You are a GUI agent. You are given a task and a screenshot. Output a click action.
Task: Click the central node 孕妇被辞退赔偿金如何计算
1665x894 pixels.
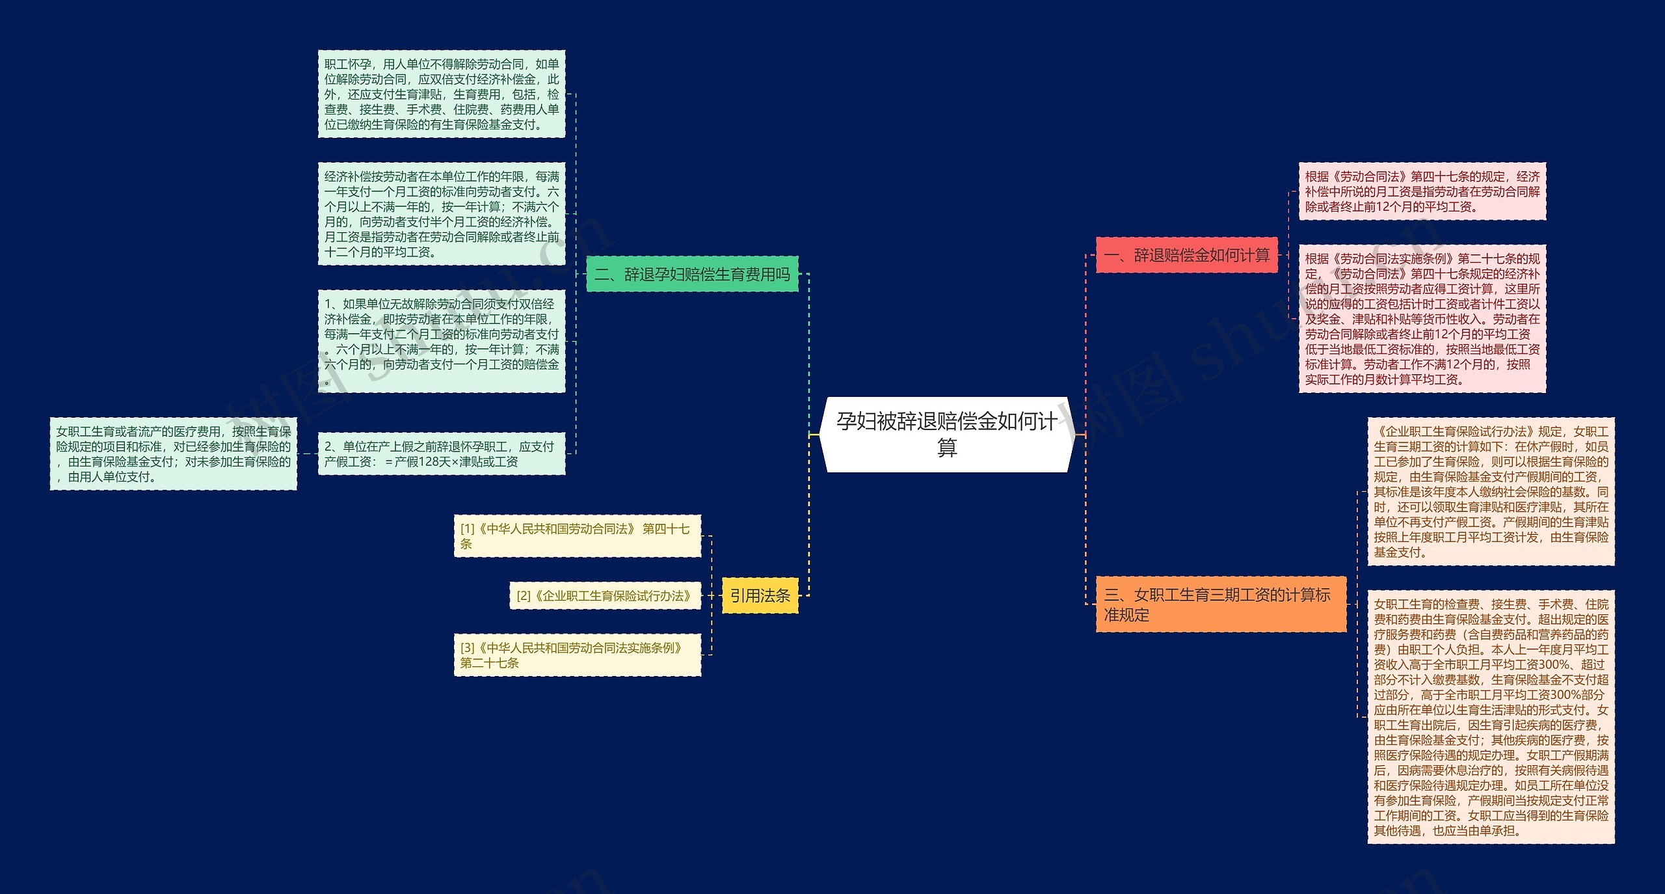tap(946, 434)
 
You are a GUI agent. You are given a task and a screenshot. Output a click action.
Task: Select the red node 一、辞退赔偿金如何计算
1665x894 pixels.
tap(1186, 255)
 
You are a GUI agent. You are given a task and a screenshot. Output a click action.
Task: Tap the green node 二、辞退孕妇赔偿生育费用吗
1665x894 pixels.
tap(692, 274)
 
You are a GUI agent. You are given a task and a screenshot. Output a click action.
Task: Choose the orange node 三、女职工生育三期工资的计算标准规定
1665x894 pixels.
tap(1220, 604)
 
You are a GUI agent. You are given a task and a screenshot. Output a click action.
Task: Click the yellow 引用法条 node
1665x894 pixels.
tap(760, 595)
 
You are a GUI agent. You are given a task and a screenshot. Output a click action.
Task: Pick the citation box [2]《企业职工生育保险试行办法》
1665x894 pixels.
tap(605, 595)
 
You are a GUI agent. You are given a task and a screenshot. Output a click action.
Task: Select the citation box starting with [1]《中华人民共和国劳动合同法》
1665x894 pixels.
tap(577, 536)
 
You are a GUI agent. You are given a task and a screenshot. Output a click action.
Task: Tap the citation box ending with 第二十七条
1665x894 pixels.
tap(577, 655)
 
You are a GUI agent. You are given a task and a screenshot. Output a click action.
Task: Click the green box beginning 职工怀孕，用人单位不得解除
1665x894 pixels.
tap(441, 94)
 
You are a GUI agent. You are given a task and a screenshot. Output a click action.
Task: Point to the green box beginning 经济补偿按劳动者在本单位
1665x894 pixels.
tap(441, 213)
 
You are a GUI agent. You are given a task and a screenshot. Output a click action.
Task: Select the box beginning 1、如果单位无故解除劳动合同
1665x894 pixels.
tap(441, 341)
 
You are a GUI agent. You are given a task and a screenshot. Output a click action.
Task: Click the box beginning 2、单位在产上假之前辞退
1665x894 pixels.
tap(441, 454)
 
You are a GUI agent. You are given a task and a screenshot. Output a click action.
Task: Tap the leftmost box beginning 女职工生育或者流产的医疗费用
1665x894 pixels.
tap(173, 454)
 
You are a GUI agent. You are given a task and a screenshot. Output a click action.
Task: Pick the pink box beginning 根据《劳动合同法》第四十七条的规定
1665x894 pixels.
tap(1422, 191)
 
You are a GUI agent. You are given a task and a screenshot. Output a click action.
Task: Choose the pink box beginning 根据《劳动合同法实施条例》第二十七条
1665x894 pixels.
tap(1422, 318)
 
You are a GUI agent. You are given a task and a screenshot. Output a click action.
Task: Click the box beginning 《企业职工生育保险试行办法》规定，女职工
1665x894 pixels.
tap(1491, 491)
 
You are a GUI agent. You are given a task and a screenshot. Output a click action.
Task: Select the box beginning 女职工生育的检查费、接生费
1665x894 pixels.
tap(1491, 717)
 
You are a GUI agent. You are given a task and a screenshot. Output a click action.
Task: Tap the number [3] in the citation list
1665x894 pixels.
tap(468, 648)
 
